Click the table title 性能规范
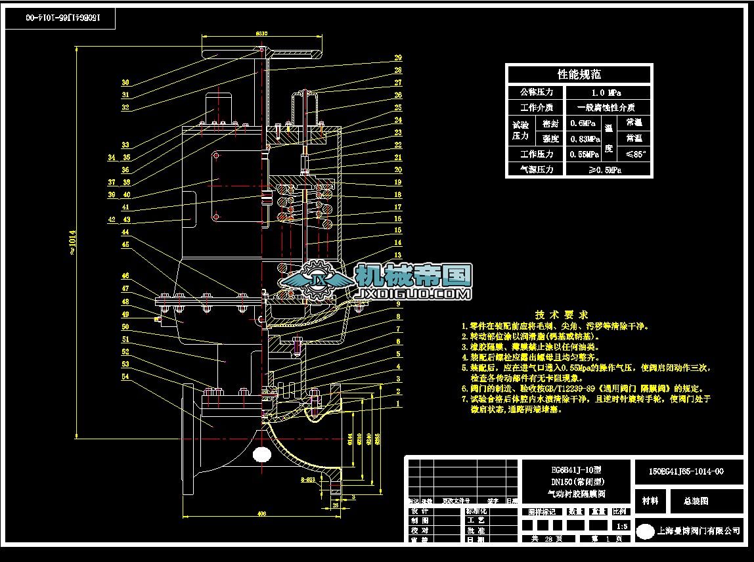579,74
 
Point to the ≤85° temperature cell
635,154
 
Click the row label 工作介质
536,108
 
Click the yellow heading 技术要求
562,314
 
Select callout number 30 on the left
125,83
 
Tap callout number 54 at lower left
125,377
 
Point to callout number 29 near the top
398,58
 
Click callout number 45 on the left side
125,244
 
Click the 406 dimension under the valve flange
261,513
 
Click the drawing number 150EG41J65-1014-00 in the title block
686,471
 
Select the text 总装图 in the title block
696,501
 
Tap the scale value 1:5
617,526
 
